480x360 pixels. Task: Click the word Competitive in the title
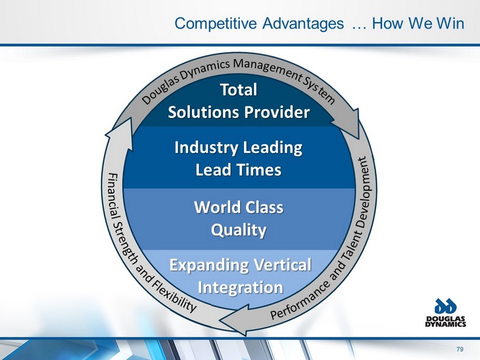[216, 24]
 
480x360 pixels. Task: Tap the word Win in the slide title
[450, 23]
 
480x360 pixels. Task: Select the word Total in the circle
[238, 90]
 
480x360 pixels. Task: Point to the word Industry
[206, 148]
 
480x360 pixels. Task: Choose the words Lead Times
[238, 170]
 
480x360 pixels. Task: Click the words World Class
[239, 208]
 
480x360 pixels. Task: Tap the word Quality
[238, 230]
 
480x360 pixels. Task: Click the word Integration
[241, 288]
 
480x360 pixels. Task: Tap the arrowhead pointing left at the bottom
[234, 320]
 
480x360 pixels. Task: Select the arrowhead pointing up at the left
[120, 135]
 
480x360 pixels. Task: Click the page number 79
[460, 349]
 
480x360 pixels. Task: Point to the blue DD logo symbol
[446, 306]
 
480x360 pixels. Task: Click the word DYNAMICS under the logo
[446, 324]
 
